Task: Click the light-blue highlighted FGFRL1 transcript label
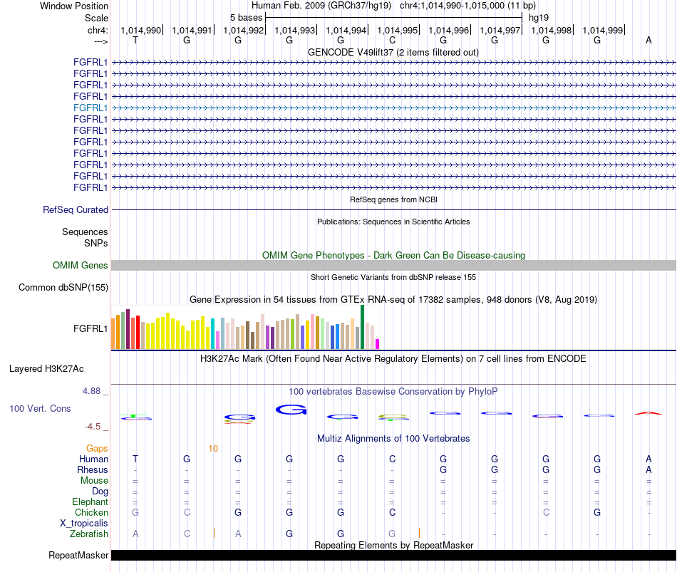point(91,108)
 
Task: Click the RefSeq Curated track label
point(76,210)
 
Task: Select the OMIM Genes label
point(81,266)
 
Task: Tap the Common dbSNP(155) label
point(63,288)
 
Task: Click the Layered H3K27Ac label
point(46,369)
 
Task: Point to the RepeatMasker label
point(78,555)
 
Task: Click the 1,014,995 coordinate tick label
point(397,30)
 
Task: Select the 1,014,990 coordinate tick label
point(141,30)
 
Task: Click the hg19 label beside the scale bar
point(539,18)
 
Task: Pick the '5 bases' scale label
point(246,18)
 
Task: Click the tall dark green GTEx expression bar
point(362,327)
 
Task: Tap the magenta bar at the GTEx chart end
point(378,344)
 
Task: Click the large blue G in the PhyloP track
point(291,410)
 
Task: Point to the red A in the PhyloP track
point(648,413)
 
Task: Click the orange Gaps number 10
point(213,449)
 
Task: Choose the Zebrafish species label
point(89,534)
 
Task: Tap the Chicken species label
point(91,512)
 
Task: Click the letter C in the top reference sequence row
point(392,40)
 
